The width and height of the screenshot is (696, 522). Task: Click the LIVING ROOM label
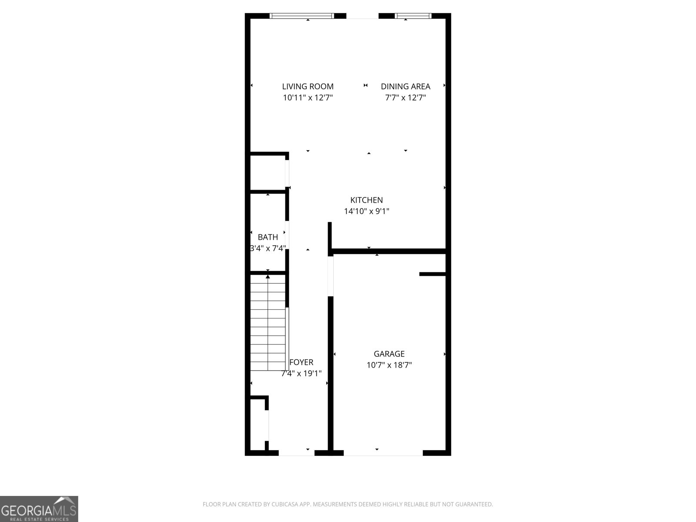click(x=308, y=87)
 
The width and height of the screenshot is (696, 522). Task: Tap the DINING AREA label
click(x=405, y=87)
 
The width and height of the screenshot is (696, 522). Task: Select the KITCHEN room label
click(x=367, y=200)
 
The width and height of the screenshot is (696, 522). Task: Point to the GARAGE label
click(x=389, y=354)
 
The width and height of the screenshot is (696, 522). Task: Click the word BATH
click(x=268, y=237)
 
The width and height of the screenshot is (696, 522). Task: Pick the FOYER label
click(x=301, y=362)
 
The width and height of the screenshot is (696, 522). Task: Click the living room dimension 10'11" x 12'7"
click(x=308, y=98)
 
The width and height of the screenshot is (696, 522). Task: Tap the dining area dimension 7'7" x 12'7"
click(x=405, y=98)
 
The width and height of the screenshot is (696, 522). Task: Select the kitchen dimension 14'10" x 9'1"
click(x=367, y=211)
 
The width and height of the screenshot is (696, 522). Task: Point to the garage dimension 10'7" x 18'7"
click(x=389, y=365)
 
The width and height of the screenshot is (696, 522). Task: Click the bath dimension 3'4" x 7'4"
click(x=268, y=248)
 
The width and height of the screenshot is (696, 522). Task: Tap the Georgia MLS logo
click(x=39, y=509)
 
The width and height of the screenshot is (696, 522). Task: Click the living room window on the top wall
click(x=302, y=16)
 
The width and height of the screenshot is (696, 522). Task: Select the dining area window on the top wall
click(x=413, y=16)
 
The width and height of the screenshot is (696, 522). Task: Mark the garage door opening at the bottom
click(x=383, y=453)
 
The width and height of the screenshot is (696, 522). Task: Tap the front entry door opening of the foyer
click(x=296, y=453)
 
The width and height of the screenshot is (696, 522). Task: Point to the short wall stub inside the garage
click(x=432, y=274)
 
